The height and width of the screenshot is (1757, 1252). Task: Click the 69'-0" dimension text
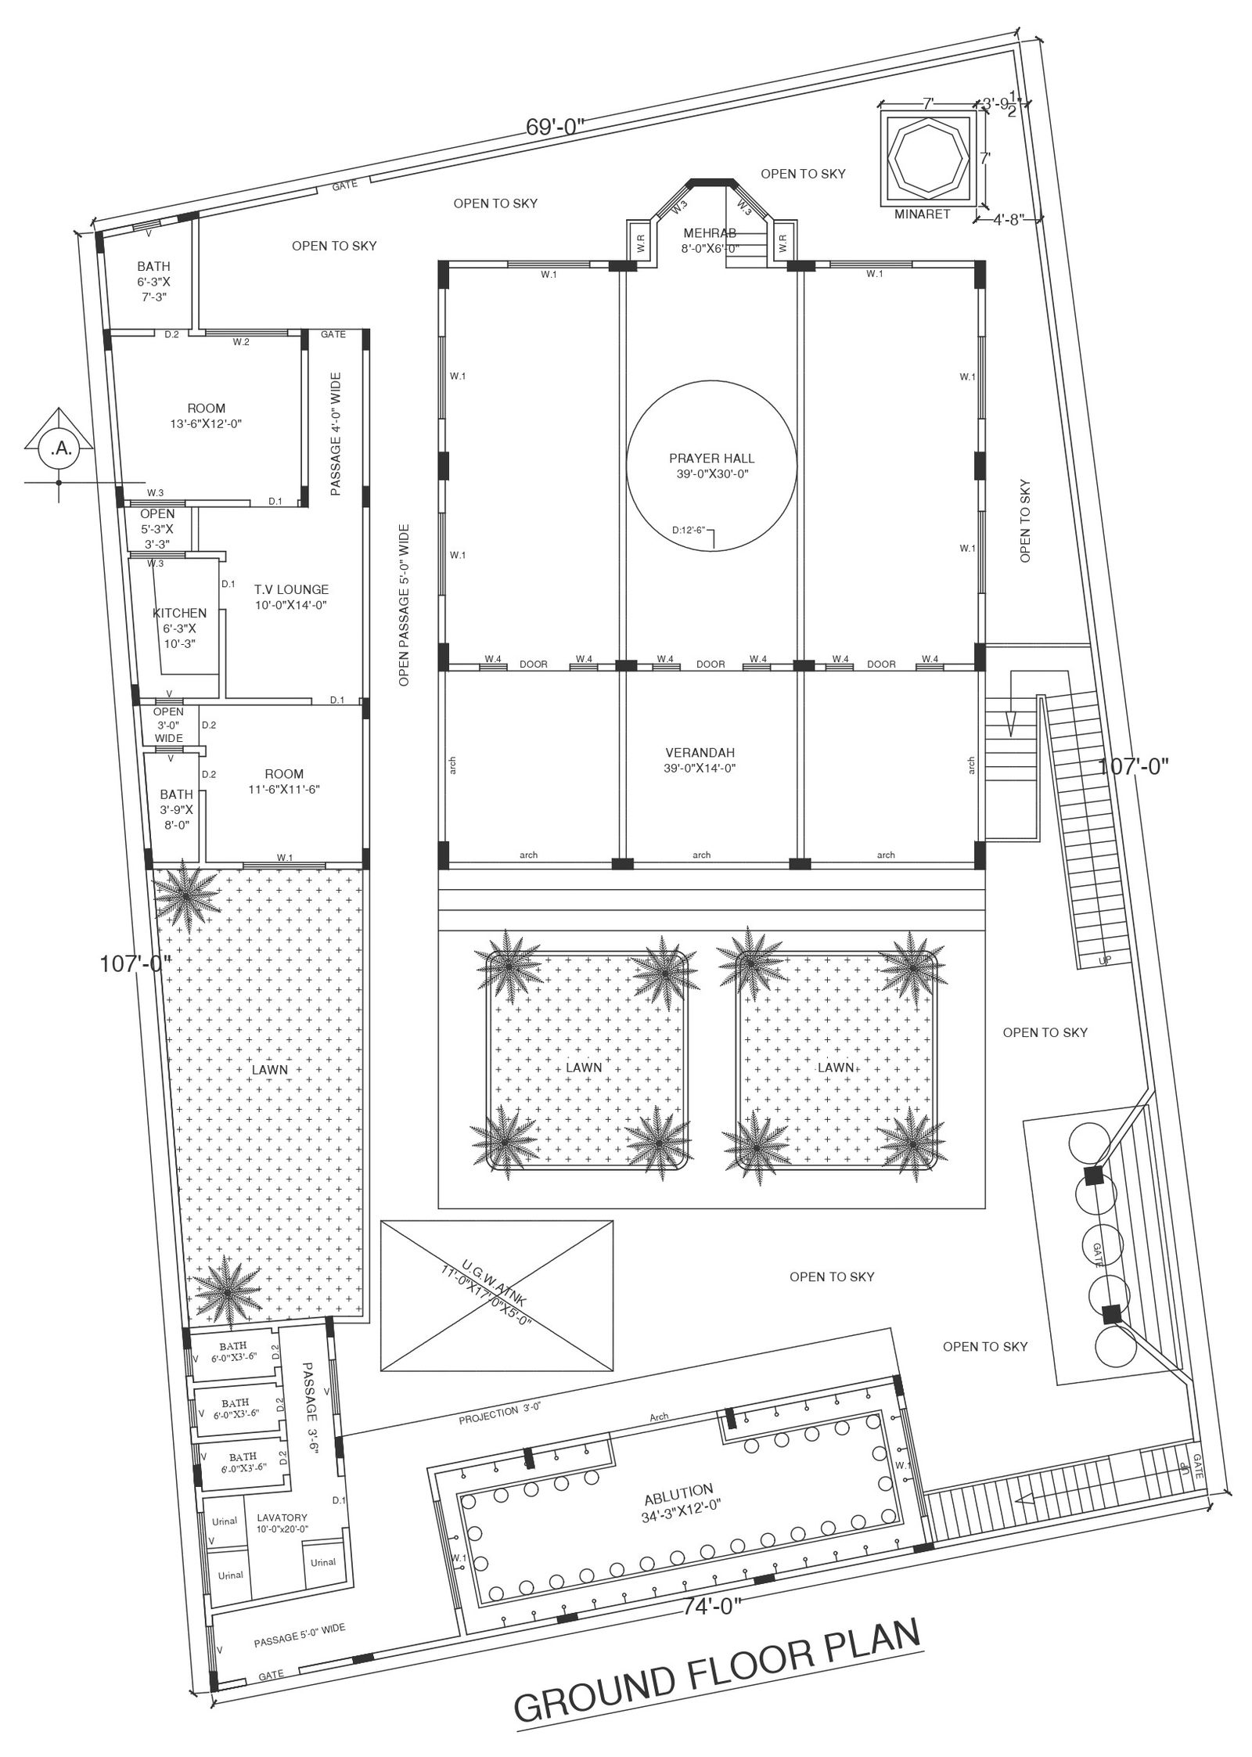click(x=555, y=127)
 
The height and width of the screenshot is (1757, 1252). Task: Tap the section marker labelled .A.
click(x=59, y=448)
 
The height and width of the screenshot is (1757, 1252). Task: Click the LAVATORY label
click(x=282, y=1517)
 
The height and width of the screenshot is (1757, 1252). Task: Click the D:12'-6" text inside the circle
click(x=689, y=530)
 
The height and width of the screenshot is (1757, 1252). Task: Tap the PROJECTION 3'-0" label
click(x=500, y=1413)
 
